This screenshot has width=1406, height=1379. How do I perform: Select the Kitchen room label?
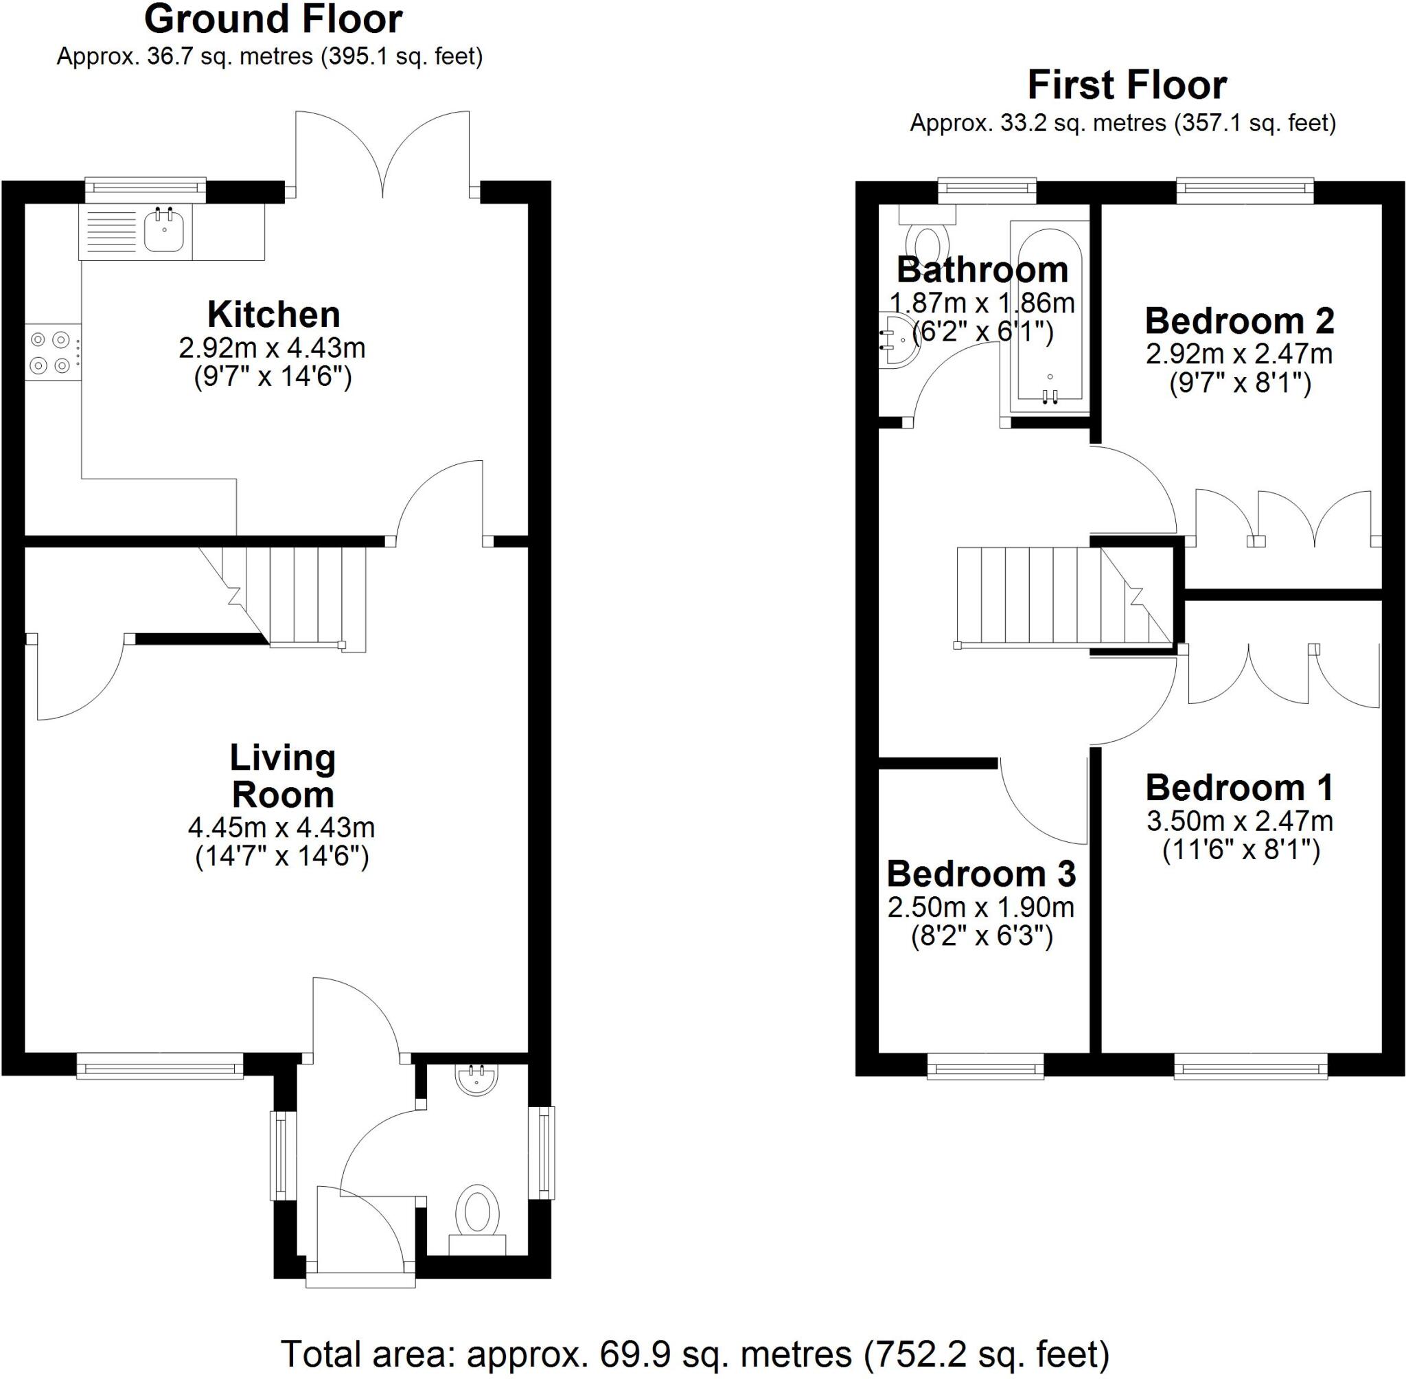[x=273, y=315]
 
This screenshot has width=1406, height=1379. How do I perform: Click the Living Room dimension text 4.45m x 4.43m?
[x=281, y=826]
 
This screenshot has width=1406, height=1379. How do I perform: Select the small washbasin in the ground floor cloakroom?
[x=476, y=1079]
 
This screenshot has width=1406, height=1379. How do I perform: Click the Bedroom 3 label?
[x=981, y=874]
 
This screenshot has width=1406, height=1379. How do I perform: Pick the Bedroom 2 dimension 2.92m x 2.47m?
[x=1238, y=354]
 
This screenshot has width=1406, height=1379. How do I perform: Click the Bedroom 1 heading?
[x=1238, y=787]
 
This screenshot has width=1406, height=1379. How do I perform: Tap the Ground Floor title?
[x=273, y=19]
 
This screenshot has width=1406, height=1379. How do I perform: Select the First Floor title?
[x=1127, y=85]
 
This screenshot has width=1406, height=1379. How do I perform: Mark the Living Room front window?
[x=159, y=1066]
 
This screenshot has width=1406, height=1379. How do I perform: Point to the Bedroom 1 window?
[x=1250, y=1066]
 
